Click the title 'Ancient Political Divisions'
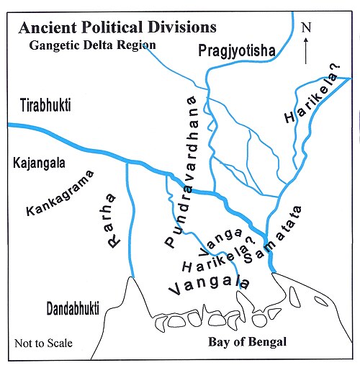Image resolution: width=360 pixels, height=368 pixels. pos(117,28)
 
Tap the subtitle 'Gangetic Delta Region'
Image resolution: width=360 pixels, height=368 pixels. pos(92,45)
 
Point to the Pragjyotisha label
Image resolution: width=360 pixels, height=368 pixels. pos(238,50)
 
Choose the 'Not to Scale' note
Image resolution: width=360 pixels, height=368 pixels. pos(44,343)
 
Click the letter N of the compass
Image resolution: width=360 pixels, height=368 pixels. pos(306,28)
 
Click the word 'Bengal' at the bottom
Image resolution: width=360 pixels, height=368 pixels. pos(269,341)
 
